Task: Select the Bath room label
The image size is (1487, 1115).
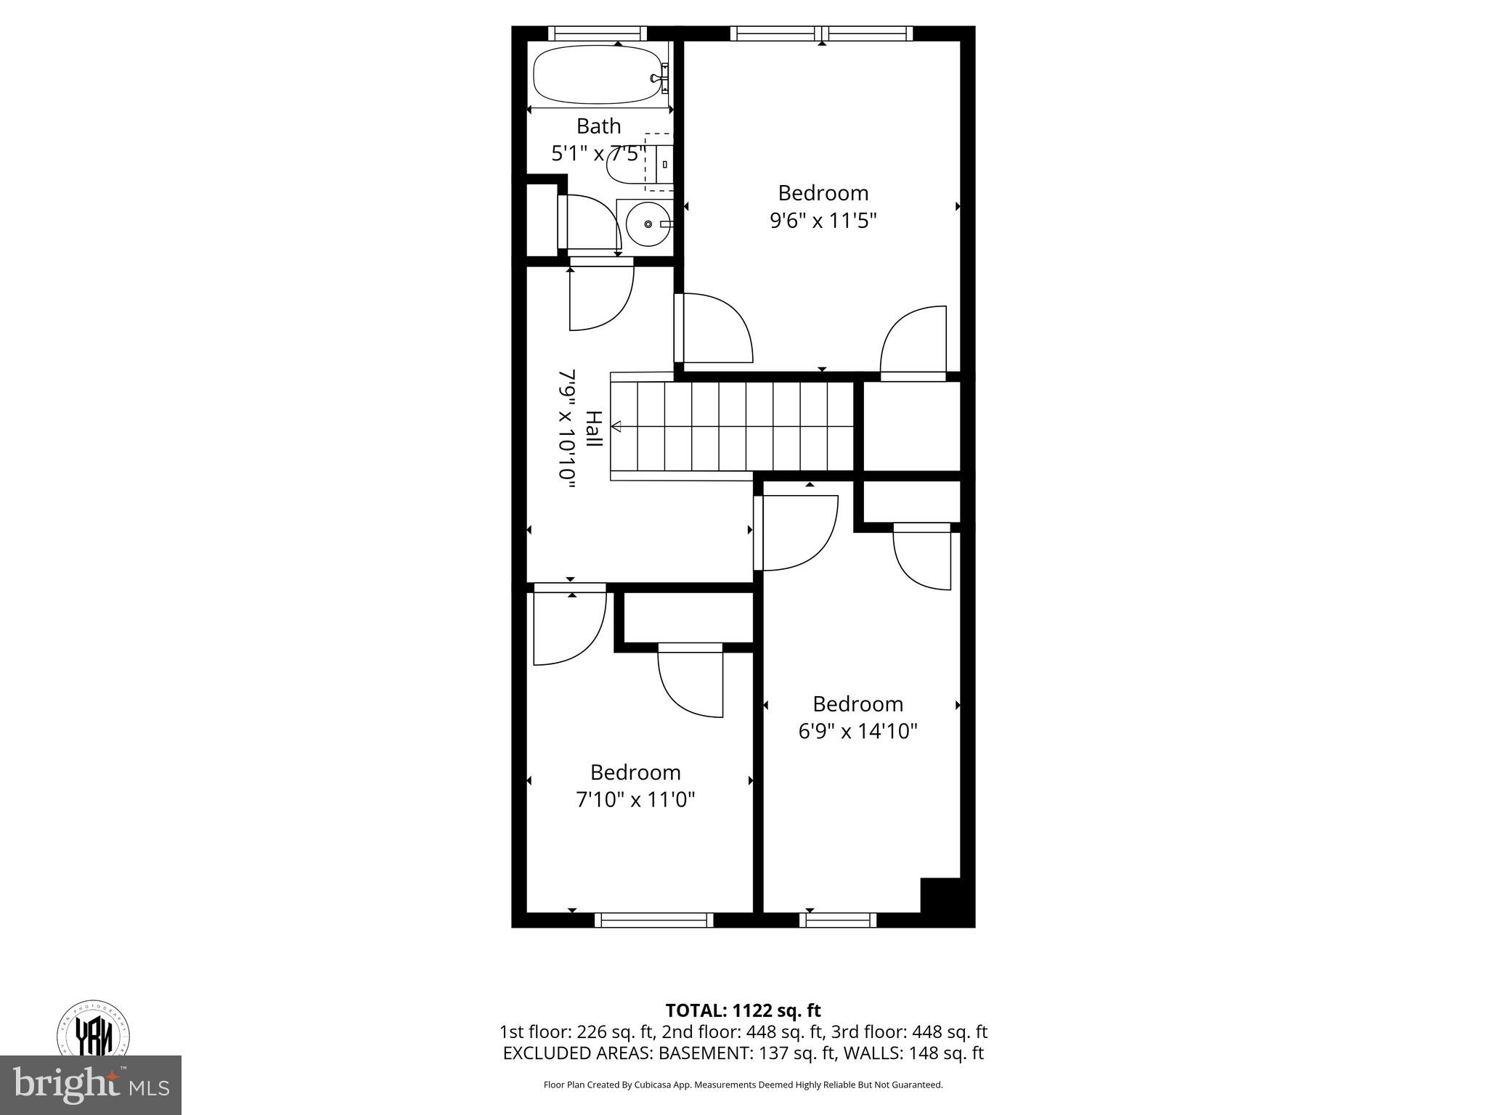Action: [x=598, y=126]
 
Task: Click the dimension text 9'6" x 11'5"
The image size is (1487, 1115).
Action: [x=823, y=221]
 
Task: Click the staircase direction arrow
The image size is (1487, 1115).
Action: [x=616, y=426]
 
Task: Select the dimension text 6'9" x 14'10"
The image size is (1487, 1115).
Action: [x=857, y=731]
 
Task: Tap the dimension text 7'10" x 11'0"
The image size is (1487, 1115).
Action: [x=635, y=800]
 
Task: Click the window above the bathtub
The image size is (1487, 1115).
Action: [x=597, y=33]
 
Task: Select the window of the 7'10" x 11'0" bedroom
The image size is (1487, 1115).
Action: [x=653, y=920]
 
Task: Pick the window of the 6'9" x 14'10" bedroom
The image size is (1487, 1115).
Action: [x=838, y=920]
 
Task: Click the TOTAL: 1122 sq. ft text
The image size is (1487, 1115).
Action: [x=743, y=1010]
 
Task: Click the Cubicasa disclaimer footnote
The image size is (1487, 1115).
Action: [x=743, y=1085]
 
